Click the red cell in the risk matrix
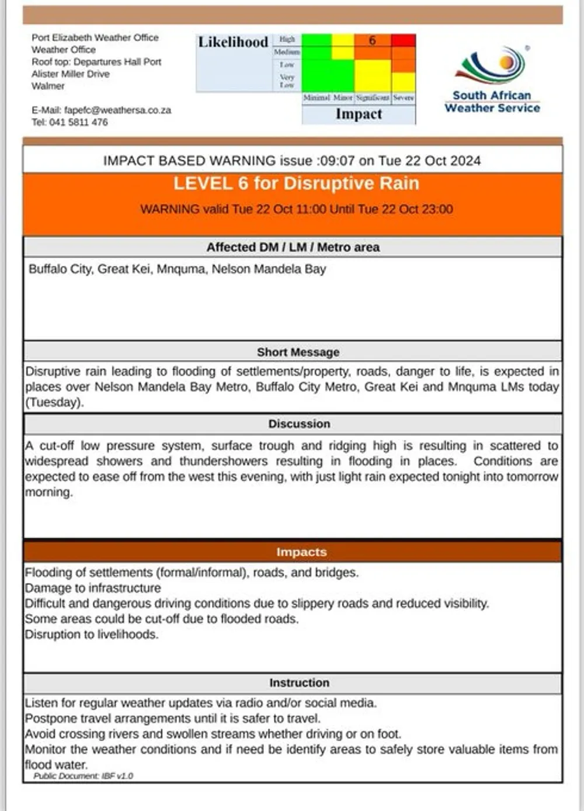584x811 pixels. tap(404, 40)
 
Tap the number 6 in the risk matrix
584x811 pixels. tap(372, 40)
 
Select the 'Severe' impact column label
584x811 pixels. tap(404, 98)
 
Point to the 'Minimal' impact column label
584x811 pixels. tap(317, 98)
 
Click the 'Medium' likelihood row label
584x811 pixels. tap(287, 52)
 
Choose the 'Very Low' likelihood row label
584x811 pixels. tap(287, 81)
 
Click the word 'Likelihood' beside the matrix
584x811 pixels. tap(233, 42)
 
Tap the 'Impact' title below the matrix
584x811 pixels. tap(359, 114)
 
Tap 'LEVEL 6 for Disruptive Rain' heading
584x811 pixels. tap(296, 183)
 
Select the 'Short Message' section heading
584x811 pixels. tap(298, 352)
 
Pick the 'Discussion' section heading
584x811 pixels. tap(299, 424)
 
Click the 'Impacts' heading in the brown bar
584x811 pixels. tap(301, 552)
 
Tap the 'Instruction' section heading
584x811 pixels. tap(299, 682)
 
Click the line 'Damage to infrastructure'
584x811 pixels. tap(93, 588)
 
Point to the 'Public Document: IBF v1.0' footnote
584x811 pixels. tap(83, 776)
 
